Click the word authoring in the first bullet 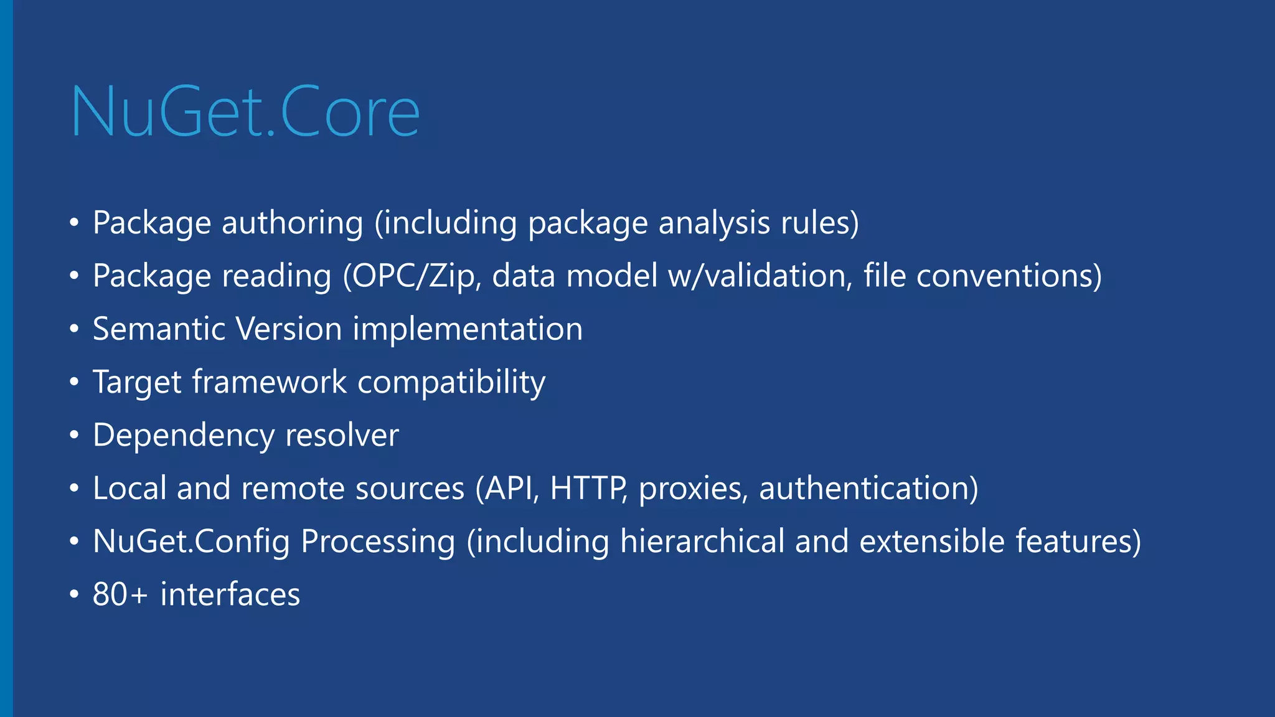(292, 223)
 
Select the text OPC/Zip (412, 276)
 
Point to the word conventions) (1009, 276)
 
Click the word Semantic (159, 329)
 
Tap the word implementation (468, 329)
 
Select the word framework (269, 382)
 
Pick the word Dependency (184, 435)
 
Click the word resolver (342, 435)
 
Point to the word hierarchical (702, 541)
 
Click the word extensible (931, 541)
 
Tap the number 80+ (120, 594)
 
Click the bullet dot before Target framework (74, 382)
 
